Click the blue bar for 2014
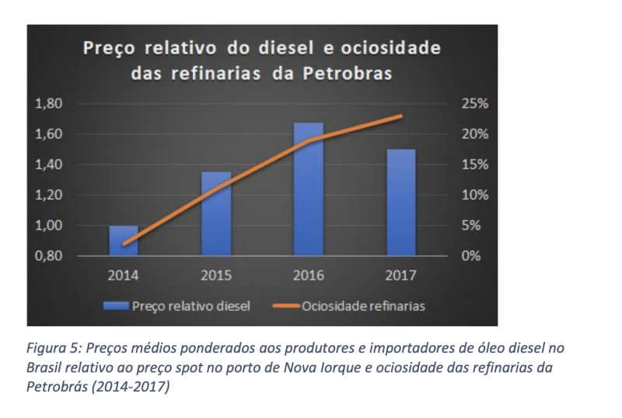123,241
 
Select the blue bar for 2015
216,214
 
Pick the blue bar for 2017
401,202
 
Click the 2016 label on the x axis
309,275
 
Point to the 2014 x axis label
123,275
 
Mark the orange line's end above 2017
401,116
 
